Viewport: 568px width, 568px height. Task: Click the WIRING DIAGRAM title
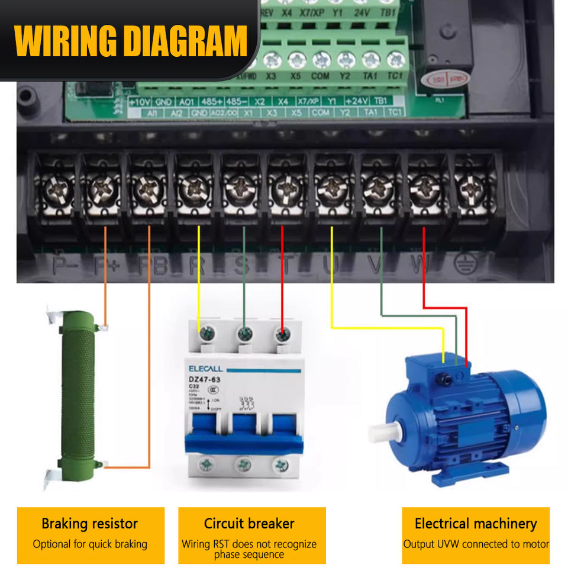coord(130,40)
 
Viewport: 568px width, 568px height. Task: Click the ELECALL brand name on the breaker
coord(206,368)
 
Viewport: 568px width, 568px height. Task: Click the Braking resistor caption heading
coord(89,524)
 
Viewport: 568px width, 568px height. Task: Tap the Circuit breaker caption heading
coord(249,524)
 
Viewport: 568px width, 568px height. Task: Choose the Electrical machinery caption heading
coord(476,524)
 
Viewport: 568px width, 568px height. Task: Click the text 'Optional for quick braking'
coord(90,544)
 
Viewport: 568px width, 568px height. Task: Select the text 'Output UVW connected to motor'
coord(476,544)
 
